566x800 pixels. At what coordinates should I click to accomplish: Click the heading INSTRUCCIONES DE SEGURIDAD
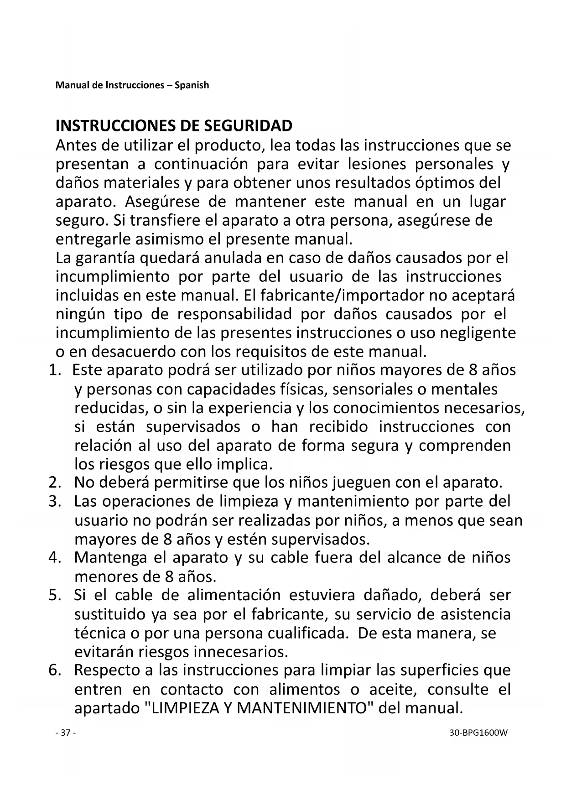click(x=174, y=126)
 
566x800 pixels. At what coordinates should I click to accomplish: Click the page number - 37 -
click(x=65, y=733)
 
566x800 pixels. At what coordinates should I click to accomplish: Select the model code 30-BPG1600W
click(x=478, y=733)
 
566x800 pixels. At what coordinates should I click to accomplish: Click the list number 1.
click(x=55, y=370)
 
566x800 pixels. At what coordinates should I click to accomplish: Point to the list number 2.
click(x=55, y=482)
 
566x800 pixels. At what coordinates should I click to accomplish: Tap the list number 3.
click(x=55, y=501)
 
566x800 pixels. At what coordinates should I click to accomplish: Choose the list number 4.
click(x=55, y=557)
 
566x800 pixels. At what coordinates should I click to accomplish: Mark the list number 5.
click(x=55, y=595)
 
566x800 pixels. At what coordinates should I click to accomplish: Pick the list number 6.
click(x=55, y=670)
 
